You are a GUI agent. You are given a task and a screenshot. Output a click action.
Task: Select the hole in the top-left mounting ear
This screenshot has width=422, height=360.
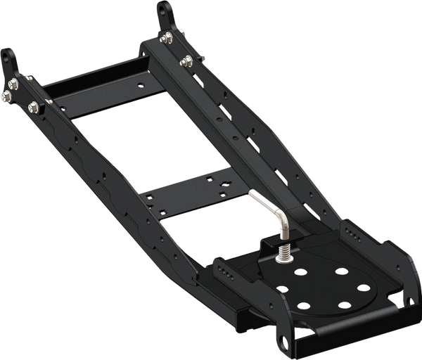pos(9,56)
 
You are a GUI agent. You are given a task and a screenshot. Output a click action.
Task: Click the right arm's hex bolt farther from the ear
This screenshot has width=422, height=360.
pos(186,61)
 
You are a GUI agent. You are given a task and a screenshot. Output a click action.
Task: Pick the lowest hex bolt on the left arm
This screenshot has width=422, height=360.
pos(33,107)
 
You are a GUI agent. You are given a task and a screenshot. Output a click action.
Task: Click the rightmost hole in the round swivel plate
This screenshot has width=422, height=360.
pos(364,287)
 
